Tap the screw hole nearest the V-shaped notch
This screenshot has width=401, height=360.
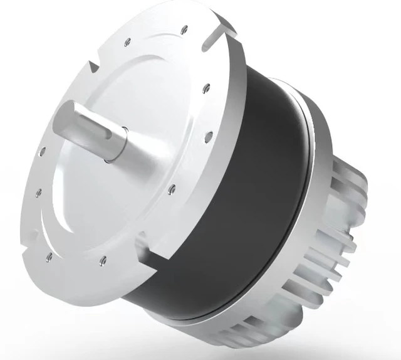pos(127,41)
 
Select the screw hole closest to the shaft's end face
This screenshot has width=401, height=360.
pos(42,151)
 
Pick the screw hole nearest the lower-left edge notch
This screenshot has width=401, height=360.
pos(48,255)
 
